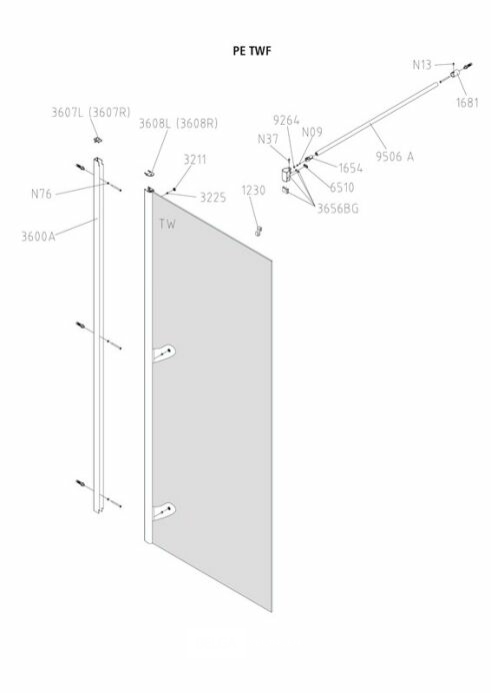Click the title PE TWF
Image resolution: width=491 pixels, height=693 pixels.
coord(251,51)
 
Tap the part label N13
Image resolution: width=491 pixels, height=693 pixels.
coord(422,65)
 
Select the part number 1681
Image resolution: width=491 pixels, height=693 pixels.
coord(468,103)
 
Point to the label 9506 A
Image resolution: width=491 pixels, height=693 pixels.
coord(395,157)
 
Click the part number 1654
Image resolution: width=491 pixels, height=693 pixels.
coord(351,168)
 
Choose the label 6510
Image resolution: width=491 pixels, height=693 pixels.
coord(342,188)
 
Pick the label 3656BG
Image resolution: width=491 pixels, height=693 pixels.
coord(338,208)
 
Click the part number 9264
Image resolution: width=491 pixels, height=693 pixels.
coord(286,120)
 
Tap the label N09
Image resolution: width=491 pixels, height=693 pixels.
coord(312,132)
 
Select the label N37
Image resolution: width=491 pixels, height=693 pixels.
coord(268,139)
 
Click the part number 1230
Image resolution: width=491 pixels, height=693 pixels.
coord(254,191)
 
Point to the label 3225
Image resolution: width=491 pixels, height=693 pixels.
coord(213,198)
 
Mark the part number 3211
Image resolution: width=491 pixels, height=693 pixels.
coord(195,160)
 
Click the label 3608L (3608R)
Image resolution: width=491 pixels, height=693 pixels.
coord(178,123)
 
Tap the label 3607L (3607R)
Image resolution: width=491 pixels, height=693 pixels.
coord(91,112)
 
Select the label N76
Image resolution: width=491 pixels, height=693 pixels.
coord(41,194)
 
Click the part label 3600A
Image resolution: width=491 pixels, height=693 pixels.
coord(39,237)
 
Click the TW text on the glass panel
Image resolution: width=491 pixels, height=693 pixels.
coord(167,224)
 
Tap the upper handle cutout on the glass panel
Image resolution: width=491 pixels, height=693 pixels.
coord(164,353)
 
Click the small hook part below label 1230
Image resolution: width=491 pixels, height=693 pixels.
coord(259,231)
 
